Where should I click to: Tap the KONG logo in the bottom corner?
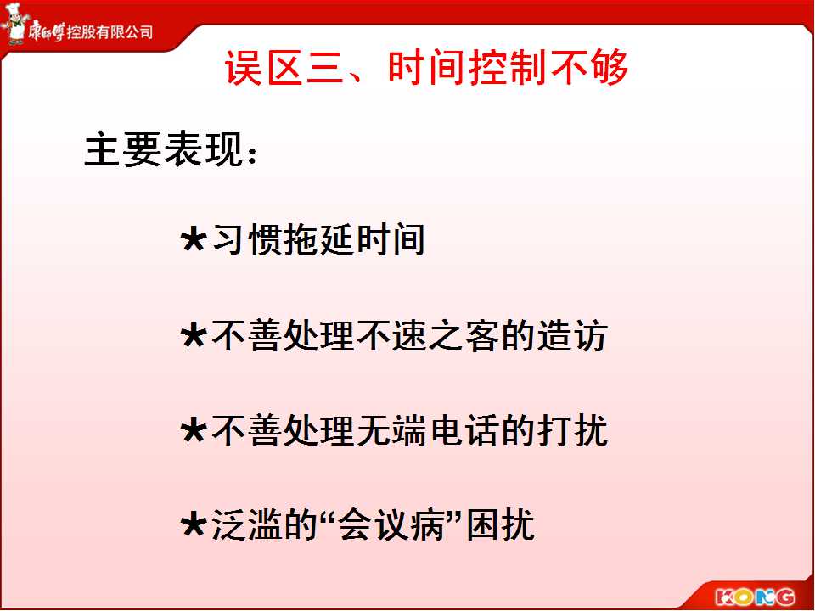755,597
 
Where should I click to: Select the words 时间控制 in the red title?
467,68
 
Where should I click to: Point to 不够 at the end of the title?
589,68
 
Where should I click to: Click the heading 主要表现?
164,151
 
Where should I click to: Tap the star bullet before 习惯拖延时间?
194,240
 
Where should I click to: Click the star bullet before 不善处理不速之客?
194,335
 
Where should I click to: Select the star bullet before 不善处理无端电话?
194,431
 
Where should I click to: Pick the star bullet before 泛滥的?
194,525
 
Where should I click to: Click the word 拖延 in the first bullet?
318,240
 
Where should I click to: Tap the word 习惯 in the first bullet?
247,240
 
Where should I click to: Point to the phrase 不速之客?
428,336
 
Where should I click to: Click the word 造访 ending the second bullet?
571,336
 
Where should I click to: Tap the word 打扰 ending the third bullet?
571,431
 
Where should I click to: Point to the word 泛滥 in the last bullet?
247,525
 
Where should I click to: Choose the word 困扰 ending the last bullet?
500,525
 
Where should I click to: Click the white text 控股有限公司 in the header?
110,32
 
